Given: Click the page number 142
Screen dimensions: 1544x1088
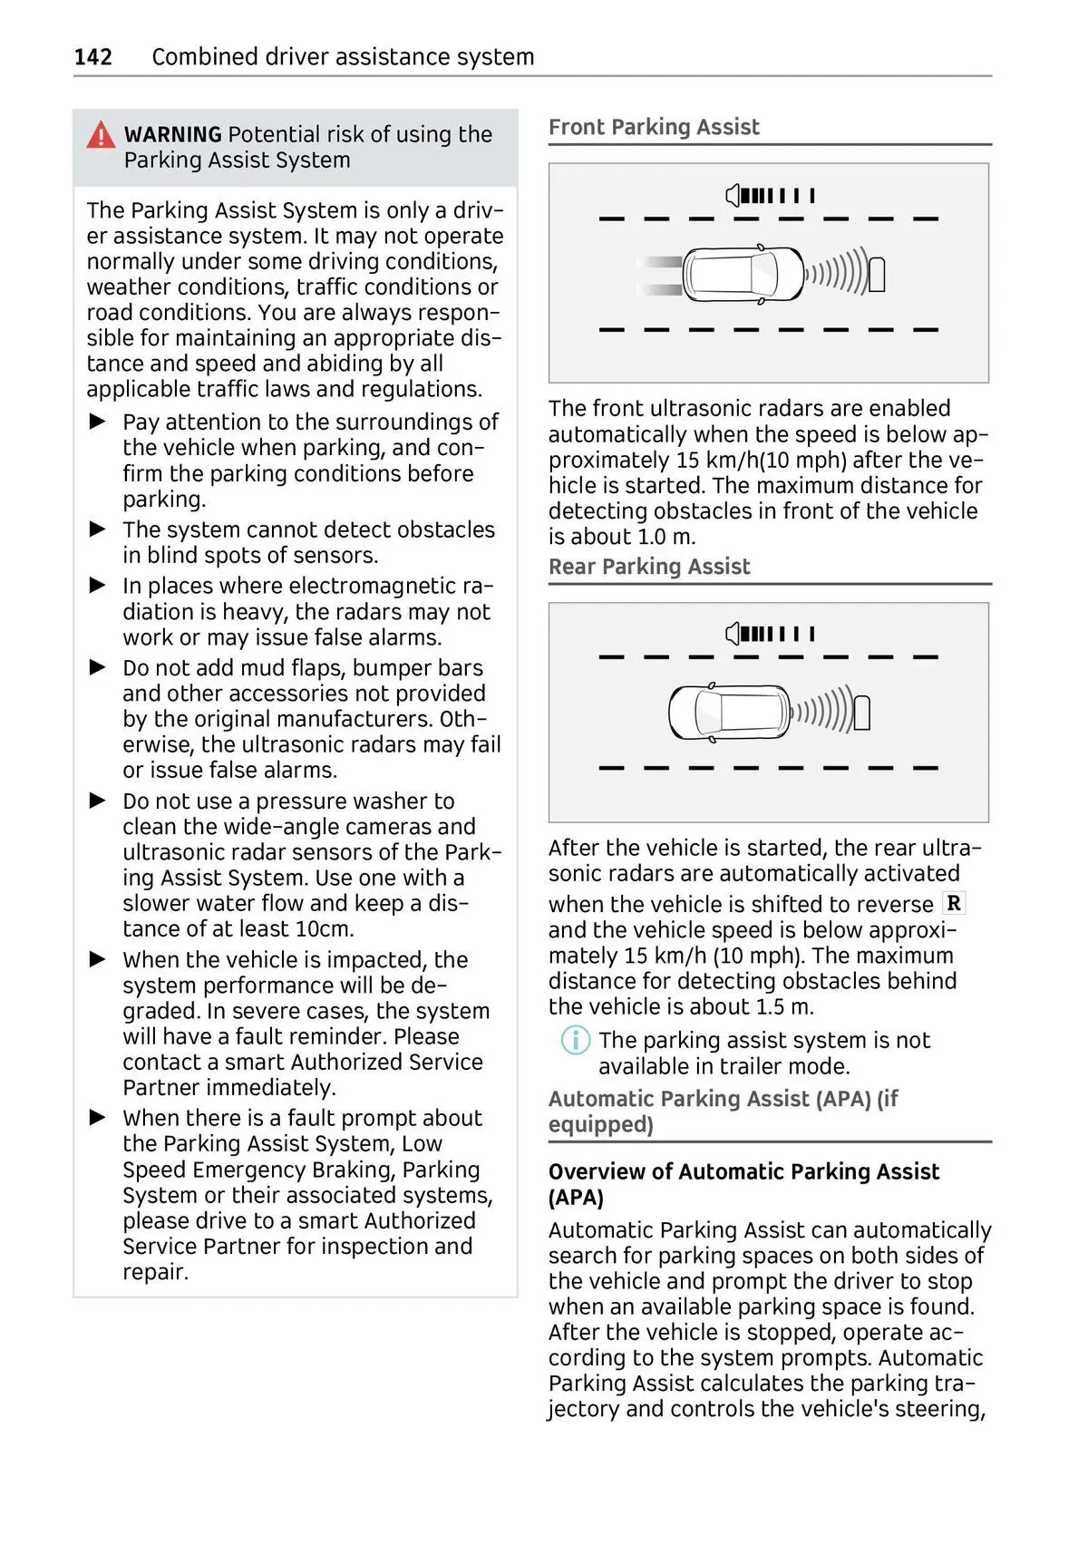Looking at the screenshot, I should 92,57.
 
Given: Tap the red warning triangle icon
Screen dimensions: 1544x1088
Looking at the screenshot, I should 101,135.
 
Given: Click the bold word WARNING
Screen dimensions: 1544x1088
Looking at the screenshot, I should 172,135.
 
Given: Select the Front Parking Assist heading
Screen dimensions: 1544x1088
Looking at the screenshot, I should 654,127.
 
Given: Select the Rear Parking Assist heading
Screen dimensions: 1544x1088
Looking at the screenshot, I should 649,567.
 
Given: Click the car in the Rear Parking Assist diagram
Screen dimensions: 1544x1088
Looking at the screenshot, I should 729,713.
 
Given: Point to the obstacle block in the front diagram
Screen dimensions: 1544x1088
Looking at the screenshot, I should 877,275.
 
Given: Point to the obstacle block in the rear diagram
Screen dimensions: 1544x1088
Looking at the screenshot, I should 862,714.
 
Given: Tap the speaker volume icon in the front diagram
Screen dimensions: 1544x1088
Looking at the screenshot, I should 733,195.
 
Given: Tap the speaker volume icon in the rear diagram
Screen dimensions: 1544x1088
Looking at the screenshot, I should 733,634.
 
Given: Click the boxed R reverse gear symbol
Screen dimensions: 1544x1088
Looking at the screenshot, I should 954,903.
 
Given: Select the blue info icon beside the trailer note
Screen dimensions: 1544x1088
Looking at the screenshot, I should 575,1040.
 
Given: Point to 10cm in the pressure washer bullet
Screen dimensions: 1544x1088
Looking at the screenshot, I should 325,929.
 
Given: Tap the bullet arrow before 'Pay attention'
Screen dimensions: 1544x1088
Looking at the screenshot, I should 98,422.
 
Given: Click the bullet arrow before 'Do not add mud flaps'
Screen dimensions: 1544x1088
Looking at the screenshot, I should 98,668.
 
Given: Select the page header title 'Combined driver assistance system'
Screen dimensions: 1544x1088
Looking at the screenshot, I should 343,57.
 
